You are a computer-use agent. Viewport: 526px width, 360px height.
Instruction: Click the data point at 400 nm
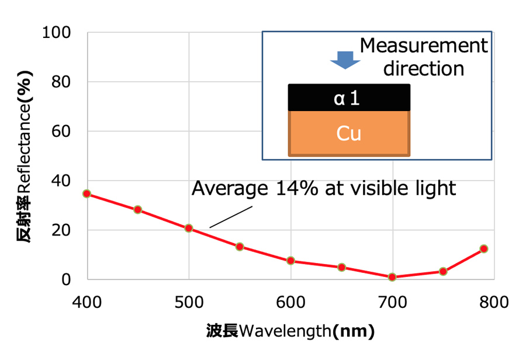point(87,193)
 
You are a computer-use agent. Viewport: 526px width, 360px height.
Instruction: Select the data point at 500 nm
point(189,228)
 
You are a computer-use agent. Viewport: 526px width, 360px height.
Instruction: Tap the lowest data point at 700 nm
point(392,277)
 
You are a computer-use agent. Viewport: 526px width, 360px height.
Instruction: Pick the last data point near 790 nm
point(484,249)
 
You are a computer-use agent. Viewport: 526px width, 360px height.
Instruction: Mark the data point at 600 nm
point(290,261)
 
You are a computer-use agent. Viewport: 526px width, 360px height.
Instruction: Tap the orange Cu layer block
point(349,133)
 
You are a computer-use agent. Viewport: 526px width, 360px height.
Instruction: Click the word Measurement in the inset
point(423,46)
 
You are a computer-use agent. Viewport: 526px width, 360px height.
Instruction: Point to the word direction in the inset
point(423,68)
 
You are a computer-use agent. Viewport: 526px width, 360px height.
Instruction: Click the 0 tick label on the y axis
point(68,279)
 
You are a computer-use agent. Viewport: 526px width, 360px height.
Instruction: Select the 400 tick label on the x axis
point(87,302)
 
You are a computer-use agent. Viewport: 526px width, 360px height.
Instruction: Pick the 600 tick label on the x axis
point(290,302)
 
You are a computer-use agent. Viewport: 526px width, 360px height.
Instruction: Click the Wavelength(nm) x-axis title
point(290,331)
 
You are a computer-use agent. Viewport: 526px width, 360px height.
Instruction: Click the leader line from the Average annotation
point(231,215)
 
